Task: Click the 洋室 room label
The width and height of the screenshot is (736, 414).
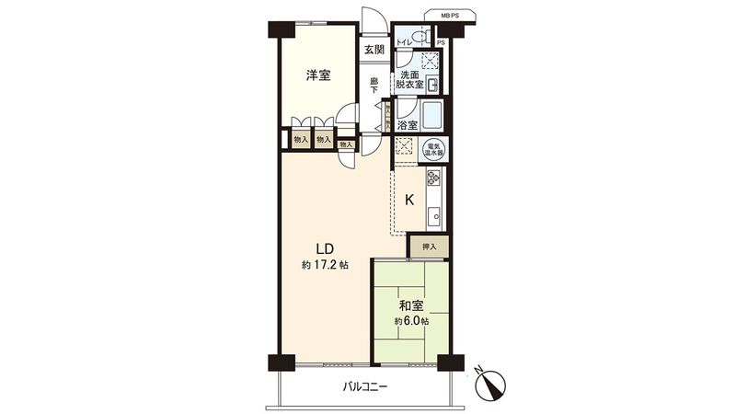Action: pyautogui.click(x=319, y=76)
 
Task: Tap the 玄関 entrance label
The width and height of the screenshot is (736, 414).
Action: pyautogui.click(x=373, y=51)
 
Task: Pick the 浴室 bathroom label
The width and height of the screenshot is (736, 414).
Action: pyautogui.click(x=408, y=124)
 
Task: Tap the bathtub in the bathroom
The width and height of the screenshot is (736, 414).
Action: pyautogui.click(x=430, y=117)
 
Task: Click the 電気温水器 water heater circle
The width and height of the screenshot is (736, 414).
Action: pyautogui.click(x=431, y=148)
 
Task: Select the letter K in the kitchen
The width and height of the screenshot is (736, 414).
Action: pyautogui.click(x=409, y=200)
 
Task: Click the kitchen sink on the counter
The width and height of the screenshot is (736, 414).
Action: pyautogui.click(x=433, y=216)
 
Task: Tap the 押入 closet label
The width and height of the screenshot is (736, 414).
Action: pyautogui.click(x=430, y=246)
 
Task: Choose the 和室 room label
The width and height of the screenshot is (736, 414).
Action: pyautogui.click(x=411, y=305)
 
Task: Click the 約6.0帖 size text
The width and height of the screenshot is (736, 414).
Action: pyautogui.click(x=411, y=321)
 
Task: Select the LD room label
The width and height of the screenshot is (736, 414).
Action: pyautogui.click(x=324, y=248)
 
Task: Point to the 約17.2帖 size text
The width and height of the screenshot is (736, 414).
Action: pyautogui.click(x=324, y=266)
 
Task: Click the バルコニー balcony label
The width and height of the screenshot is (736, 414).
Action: pyautogui.click(x=366, y=387)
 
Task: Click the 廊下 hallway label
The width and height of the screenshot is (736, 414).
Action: pyautogui.click(x=374, y=86)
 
